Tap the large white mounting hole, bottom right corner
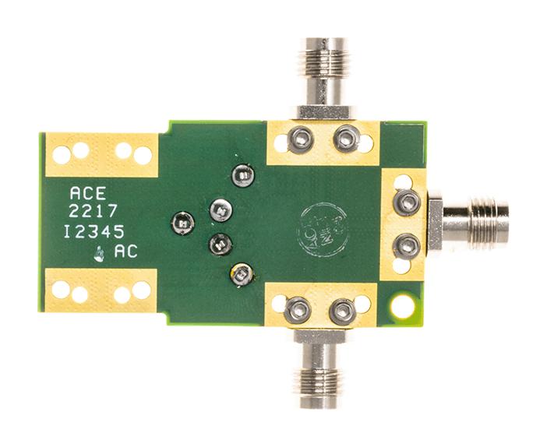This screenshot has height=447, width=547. [x=402, y=307]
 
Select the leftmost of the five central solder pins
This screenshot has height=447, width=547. [x=182, y=224]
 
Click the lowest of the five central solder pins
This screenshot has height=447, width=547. [x=241, y=273]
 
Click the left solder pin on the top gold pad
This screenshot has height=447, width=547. [x=300, y=141]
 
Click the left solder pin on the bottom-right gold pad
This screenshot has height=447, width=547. [x=298, y=311]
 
